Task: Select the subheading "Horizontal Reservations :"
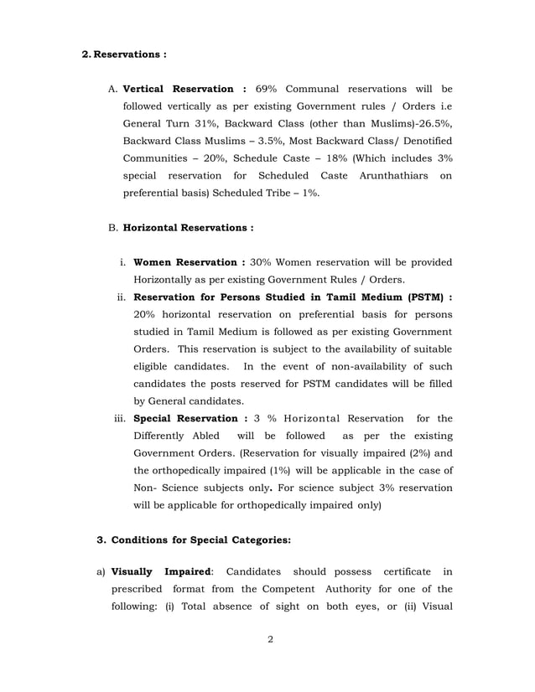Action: pyautogui.click(x=188, y=227)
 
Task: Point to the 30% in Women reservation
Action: pyautogui.click(x=262, y=261)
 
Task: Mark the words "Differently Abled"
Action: pyautogui.click(x=176, y=436)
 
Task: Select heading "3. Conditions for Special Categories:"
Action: pyautogui.click(x=195, y=540)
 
